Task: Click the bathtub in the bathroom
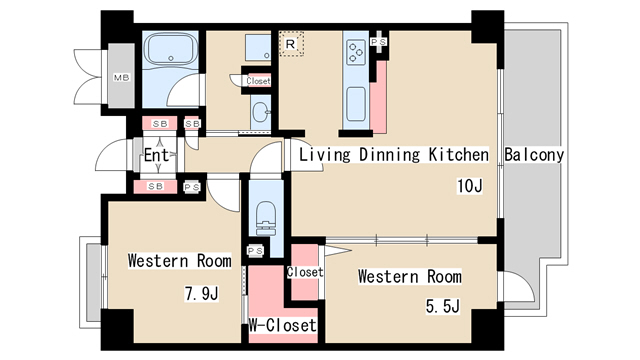(x=171, y=49)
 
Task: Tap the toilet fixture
(x=266, y=218)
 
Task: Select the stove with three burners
(x=356, y=52)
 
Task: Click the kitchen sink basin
(x=356, y=104)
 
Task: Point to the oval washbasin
(x=260, y=112)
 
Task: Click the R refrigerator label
(x=290, y=44)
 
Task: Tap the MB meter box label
(x=121, y=77)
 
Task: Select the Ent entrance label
(x=156, y=155)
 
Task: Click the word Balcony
(x=534, y=155)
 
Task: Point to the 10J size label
(x=470, y=186)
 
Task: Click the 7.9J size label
(x=202, y=293)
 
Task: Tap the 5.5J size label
(x=443, y=306)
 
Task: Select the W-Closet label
(x=282, y=325)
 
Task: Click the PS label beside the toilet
(x=256, y=251)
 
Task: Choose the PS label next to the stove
(x=379, y=42)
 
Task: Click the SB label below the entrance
(x=156, y=186)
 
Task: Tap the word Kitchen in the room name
(x=458, y=155)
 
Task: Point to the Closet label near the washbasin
(x=258, y=81)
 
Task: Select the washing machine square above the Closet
(x=258, y=47)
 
